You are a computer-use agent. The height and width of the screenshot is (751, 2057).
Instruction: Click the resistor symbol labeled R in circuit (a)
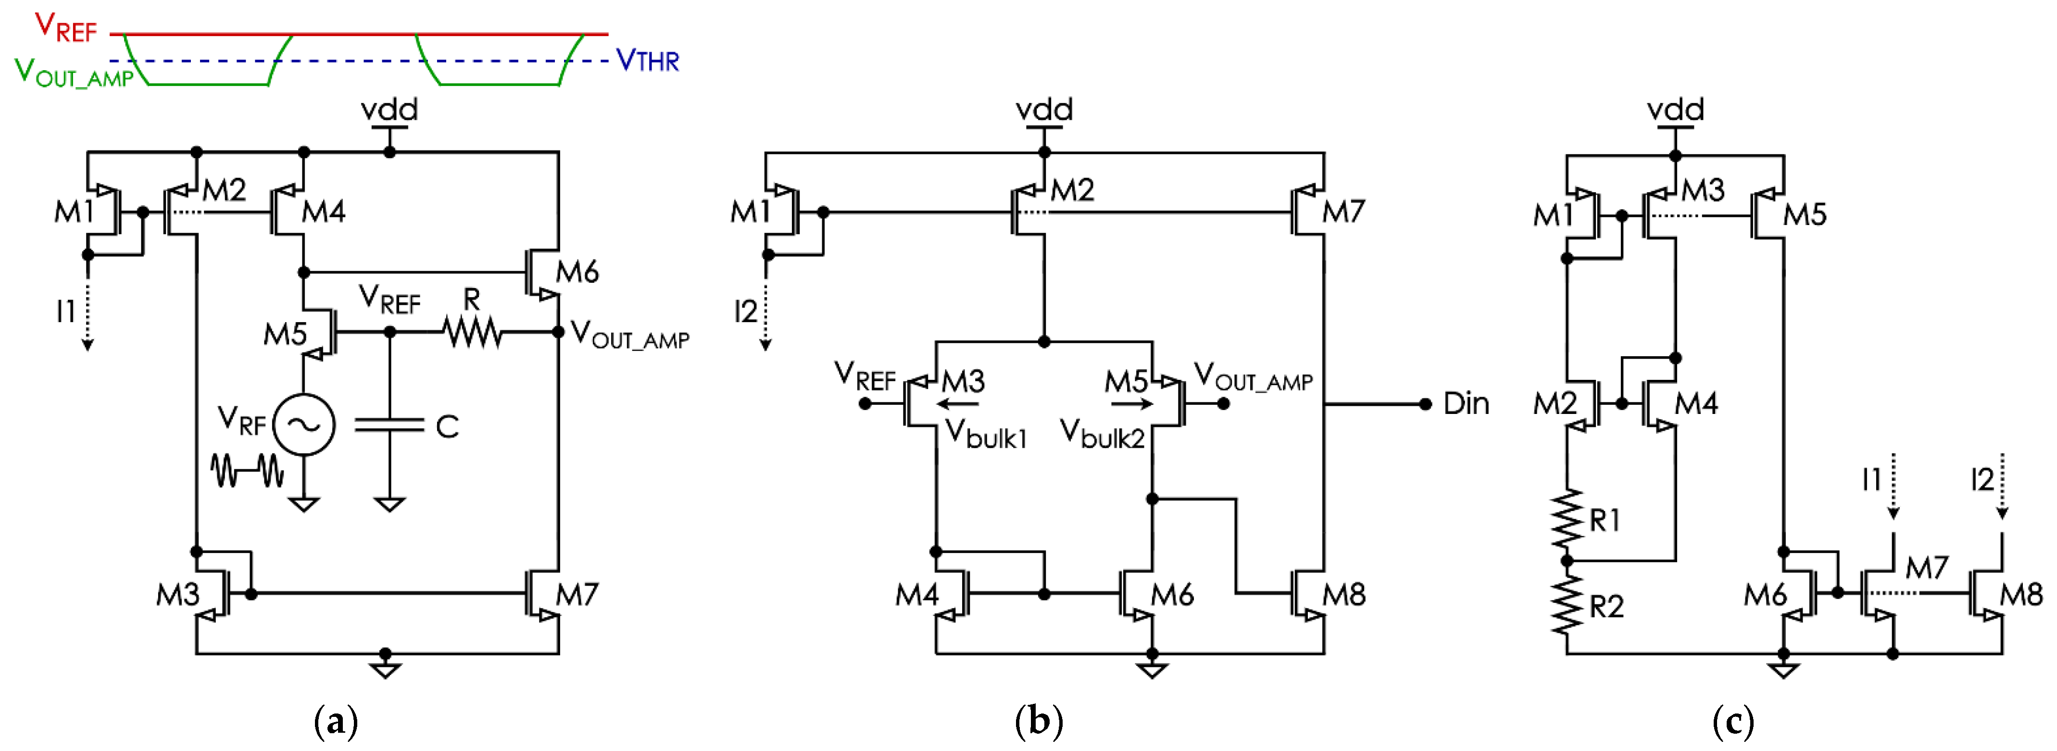(473, 332)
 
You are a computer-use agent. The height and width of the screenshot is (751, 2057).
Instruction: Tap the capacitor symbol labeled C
(389, 426)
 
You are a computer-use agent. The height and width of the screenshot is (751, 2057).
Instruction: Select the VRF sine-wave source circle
(304, 425)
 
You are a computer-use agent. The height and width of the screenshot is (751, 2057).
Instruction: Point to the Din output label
(1466, 404)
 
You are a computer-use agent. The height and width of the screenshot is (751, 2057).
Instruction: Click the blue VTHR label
(648, 61)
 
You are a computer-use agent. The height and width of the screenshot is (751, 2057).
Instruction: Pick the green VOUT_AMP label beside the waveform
(74, 74)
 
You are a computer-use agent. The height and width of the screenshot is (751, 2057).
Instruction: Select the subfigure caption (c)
(1733, 722)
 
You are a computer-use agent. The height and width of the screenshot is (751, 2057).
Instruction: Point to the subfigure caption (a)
(336, 722)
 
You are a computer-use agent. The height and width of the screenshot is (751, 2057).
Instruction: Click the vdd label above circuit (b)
(1044, 109)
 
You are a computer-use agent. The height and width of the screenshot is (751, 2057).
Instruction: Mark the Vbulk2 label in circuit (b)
(1102, 433)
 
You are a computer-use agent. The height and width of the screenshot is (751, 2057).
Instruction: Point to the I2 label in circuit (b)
(745, 311)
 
